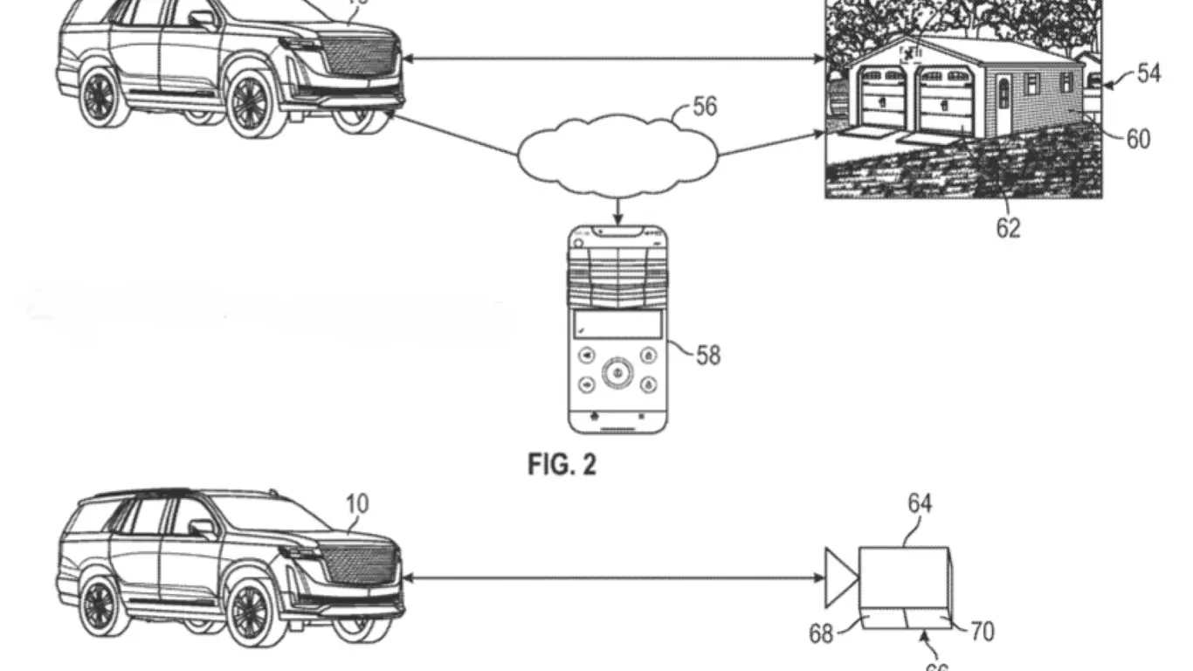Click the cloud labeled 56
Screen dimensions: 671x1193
pyautogui.click(x=617, y=156)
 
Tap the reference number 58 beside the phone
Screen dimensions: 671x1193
pyautogui.click(x=708, y=355)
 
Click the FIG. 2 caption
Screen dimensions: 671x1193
pyautogui.click(x=562, y=465)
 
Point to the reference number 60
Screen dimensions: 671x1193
pyautogui.click(x=1138, y=139)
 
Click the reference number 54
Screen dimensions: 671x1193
pyautogui.click(x=1148, y=74)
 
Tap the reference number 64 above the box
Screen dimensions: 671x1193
pyautogui.click(x=920, y=503)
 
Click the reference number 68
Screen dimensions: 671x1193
pyautogui.click(x=821, y=633)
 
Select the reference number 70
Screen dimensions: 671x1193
pyautogui.click(x=983, y=631)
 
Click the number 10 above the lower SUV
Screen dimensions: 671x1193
pyautogui.click(x=357, y=504)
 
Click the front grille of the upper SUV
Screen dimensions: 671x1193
pyautogui.click(x=358, y=54)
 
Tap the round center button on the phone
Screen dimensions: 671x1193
pyautogui.click(x=617, y=370)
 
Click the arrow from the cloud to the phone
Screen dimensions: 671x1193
pyautogui.click(x=618, y=211)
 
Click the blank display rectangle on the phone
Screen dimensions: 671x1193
pyautogui.click(x=617, y=325)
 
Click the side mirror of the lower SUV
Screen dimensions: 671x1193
pyautogui.click(x=202, y=528)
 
